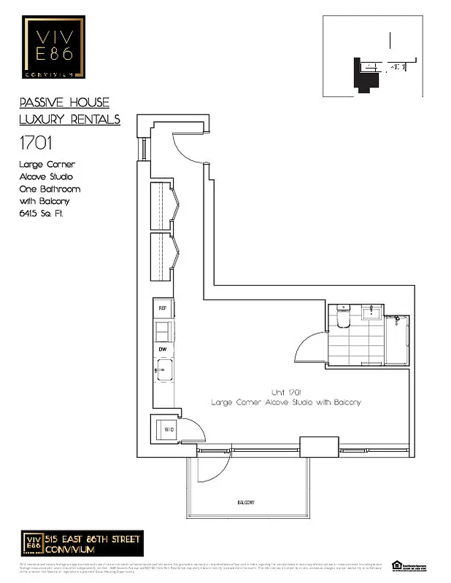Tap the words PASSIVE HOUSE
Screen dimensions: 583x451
coord(64,103)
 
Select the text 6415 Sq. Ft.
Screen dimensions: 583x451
coord(42,214)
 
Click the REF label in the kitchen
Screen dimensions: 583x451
coord(163,308)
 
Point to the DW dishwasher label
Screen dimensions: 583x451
coord(163,350)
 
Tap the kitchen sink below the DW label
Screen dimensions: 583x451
coord(164,371)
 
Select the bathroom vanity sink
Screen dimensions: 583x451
coord(370,311)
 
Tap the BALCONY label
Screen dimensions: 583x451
coord(245,504)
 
